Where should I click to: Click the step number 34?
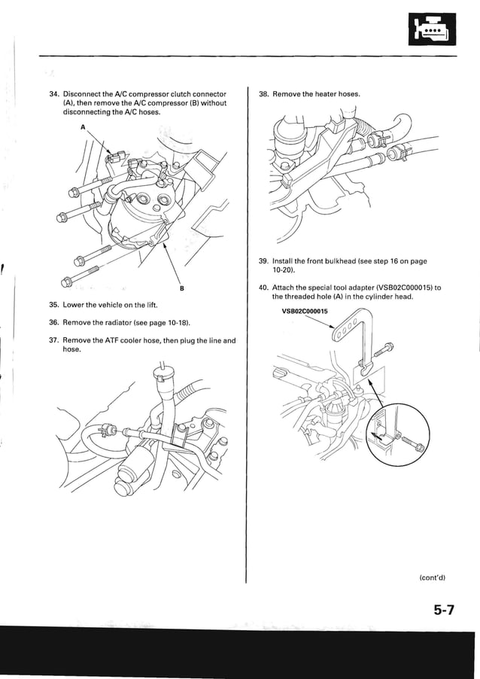(x=53, y=94)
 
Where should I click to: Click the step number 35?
(x=53, y=305)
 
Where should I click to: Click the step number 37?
(x=53, y=340)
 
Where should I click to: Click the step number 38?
(x=263, y=94)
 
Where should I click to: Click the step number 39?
(x=263, y=261)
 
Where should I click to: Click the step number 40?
(x=263, y=288)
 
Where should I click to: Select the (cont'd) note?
(x=433, y=577)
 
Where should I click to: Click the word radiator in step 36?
(x=112, y=322)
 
